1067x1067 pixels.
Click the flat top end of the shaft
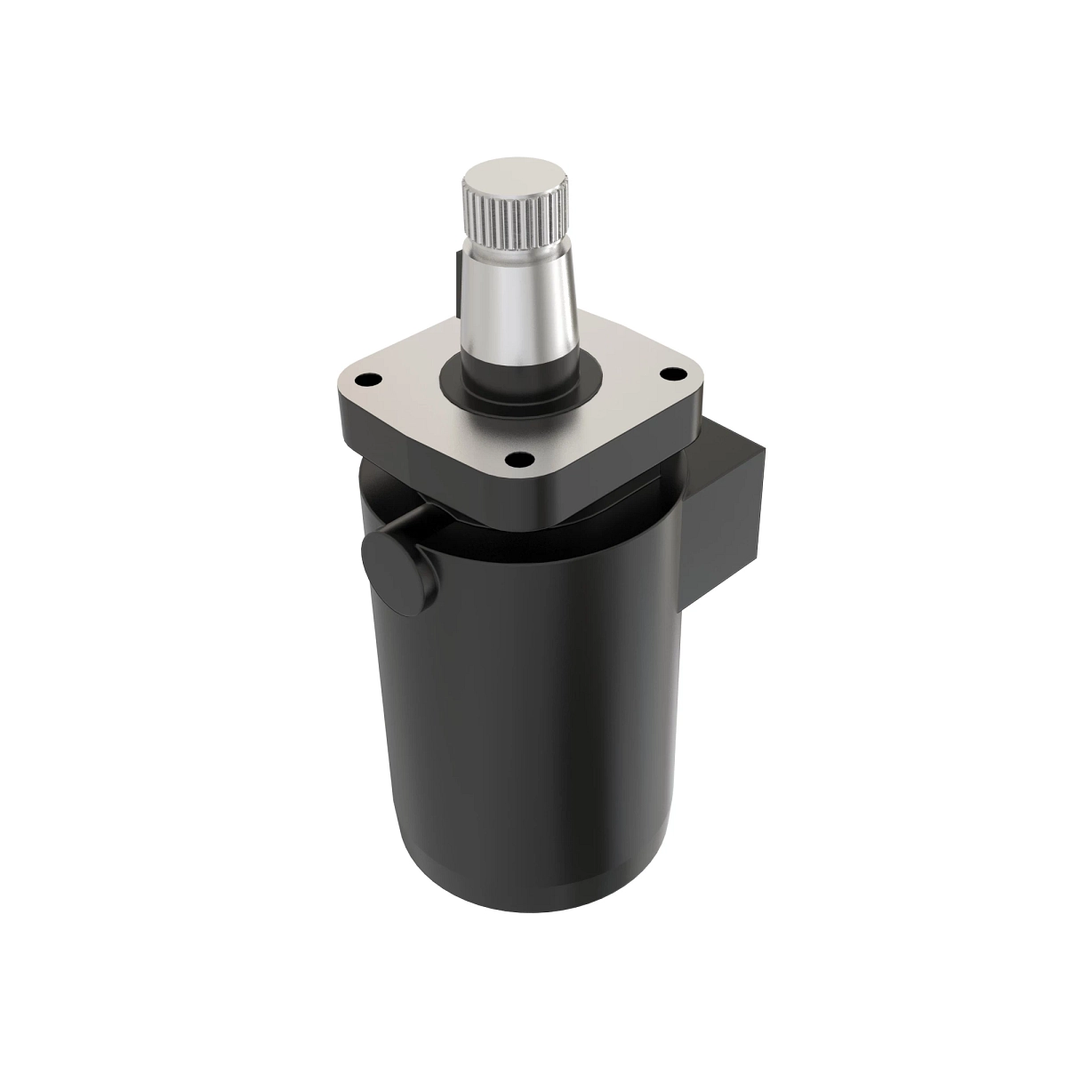click(x=513, y=176)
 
